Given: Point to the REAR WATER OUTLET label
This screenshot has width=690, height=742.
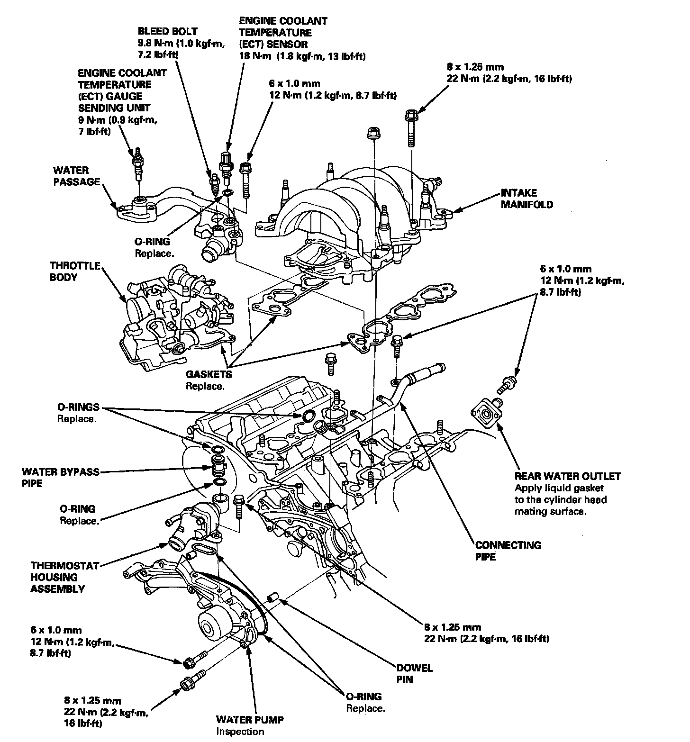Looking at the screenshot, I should [567, 476].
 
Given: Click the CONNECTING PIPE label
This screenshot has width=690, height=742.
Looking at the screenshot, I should [508, 551].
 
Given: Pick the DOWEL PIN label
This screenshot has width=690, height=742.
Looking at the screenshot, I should [414, 674].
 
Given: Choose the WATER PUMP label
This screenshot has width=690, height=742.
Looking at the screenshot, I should [250, 720].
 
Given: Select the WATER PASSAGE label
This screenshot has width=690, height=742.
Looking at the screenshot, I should [76, 176].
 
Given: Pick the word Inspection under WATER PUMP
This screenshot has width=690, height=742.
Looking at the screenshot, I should [240, 731].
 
